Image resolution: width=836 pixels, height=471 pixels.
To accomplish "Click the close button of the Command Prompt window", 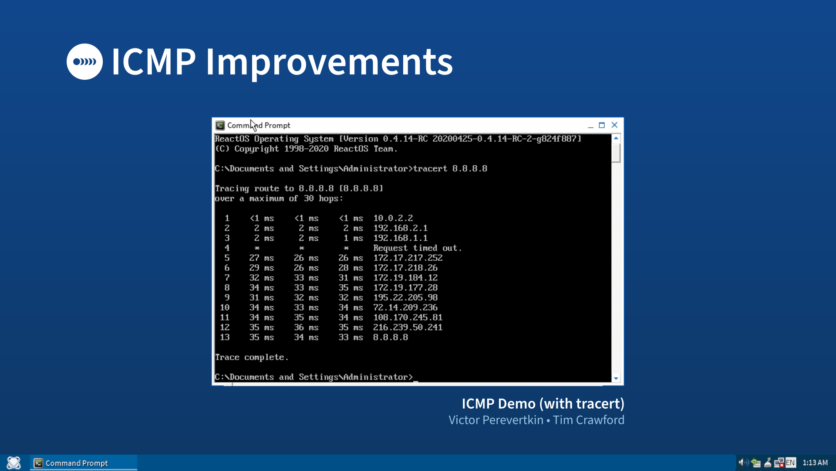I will point(614,125).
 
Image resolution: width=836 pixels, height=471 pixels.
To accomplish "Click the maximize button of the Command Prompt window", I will point(602,125).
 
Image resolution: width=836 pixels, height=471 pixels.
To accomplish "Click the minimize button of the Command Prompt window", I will point(590,126).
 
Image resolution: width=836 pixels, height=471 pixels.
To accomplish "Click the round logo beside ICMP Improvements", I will point(84,61).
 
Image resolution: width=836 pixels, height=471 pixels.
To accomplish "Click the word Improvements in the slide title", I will point(329,62).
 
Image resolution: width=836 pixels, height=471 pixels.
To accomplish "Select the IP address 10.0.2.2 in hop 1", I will point(393,218).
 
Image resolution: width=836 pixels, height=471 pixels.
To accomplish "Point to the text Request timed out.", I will point(417,248).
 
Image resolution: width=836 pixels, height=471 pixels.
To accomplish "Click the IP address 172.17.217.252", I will point(408,258).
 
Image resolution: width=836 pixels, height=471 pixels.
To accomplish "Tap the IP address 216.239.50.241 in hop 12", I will point(408,328).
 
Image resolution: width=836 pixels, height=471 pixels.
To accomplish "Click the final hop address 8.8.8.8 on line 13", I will point(390,337).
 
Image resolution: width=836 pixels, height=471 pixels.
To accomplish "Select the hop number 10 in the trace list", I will point(225,307).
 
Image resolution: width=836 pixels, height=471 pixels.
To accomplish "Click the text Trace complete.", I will point(251,357).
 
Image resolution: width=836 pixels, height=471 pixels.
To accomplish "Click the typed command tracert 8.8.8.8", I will point(450,169).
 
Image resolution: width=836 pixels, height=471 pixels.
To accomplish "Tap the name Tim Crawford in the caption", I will point(588,420).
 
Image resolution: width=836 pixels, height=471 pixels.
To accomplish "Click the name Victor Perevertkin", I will point(496,420).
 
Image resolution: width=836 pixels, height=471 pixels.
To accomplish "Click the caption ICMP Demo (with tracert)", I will point(543,403).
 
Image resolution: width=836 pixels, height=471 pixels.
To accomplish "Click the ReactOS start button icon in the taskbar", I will point(14,463).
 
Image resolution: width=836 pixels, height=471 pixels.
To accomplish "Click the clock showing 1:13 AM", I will point(815,463).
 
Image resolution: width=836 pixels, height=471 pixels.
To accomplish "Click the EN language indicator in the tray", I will point(790,463).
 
